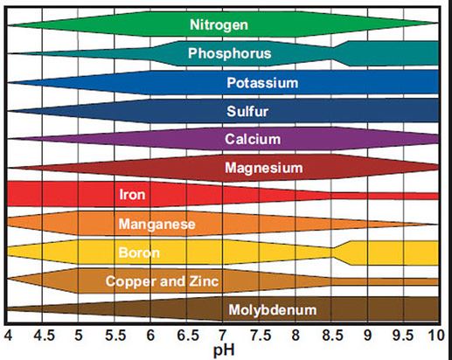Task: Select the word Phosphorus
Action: click(229, 54)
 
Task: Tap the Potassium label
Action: click(262, 83)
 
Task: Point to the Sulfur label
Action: click(247, 111)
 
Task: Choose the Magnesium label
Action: click(263, 167)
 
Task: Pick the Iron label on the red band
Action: click(132, 195)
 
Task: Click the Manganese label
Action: click(156, 225)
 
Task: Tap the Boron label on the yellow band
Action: click(138, 253)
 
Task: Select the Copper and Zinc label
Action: click(162, 281)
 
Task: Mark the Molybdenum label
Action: click(272, 310)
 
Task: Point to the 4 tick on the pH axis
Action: click(8, 335)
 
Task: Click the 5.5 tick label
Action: click(115, 335)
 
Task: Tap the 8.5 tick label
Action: click(331, 335)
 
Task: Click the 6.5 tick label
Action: click(187, 335)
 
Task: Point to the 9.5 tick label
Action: click(403, 335)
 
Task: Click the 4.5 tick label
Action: click(43, 335)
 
